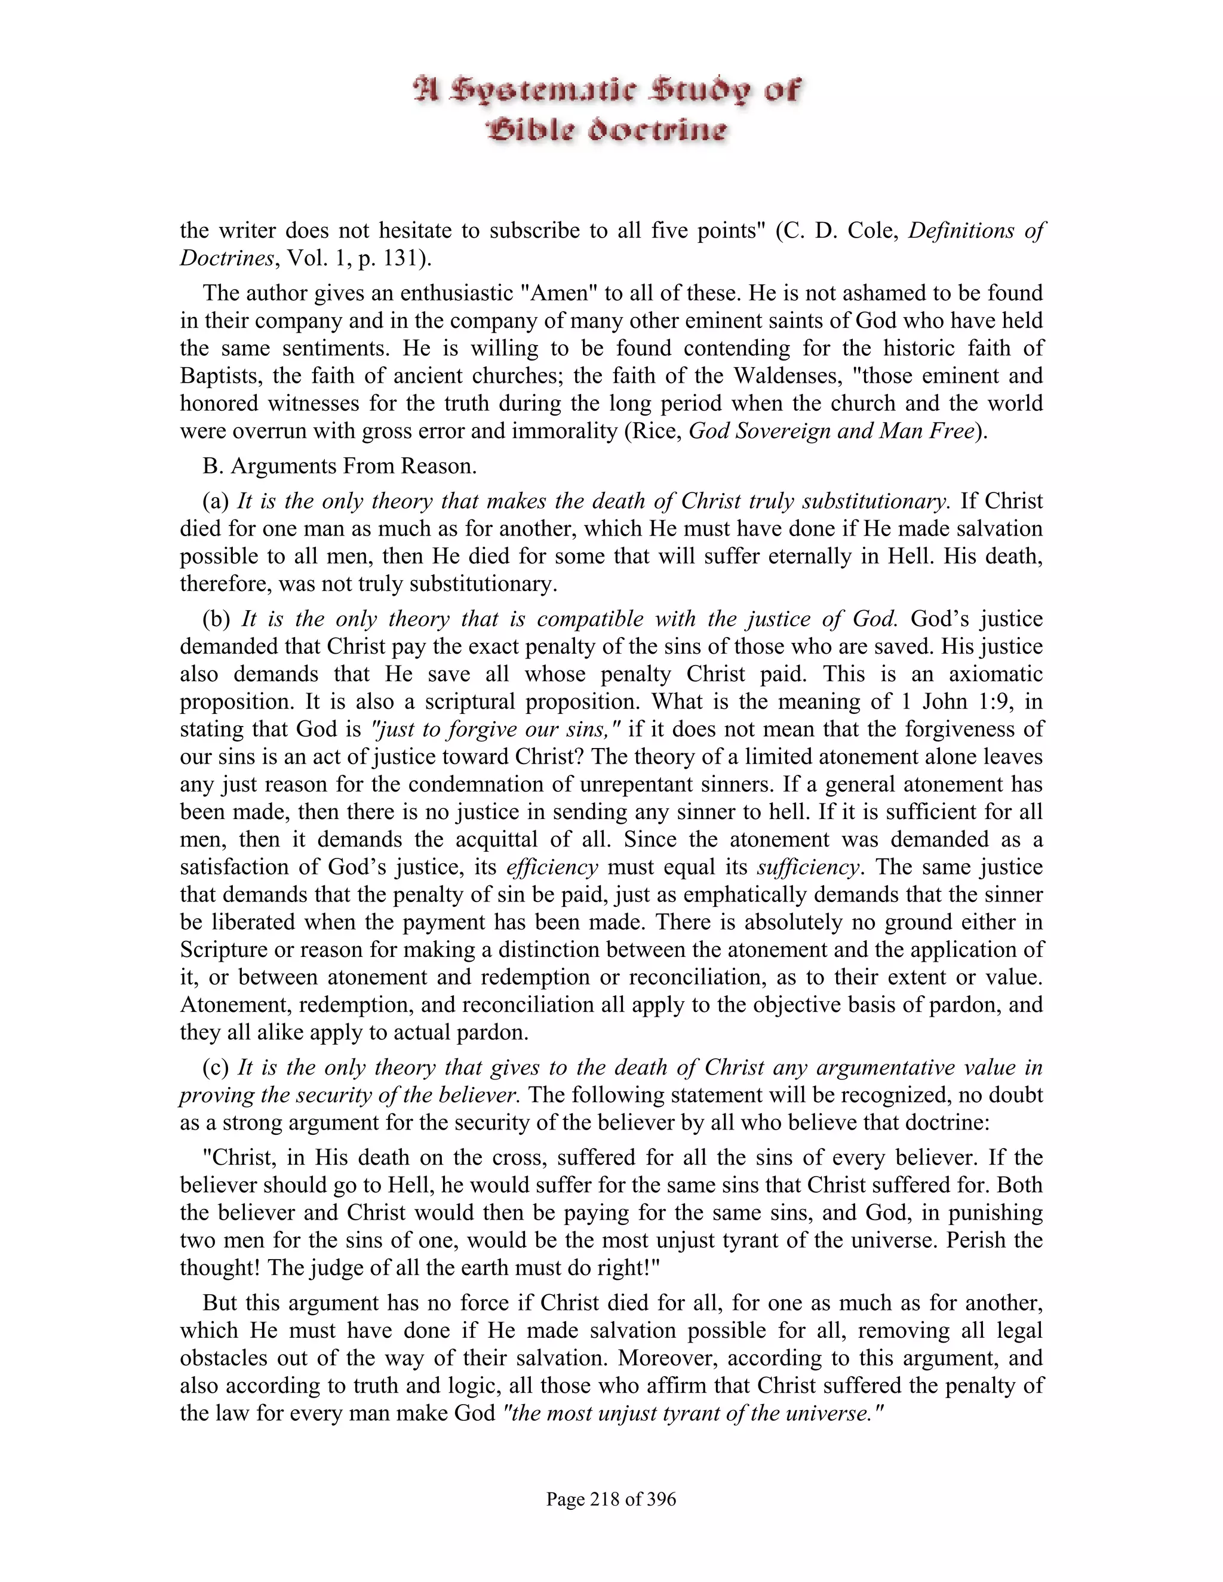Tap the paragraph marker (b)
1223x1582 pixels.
(x=217, y=618)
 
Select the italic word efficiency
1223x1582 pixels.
(x=553, y=867)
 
